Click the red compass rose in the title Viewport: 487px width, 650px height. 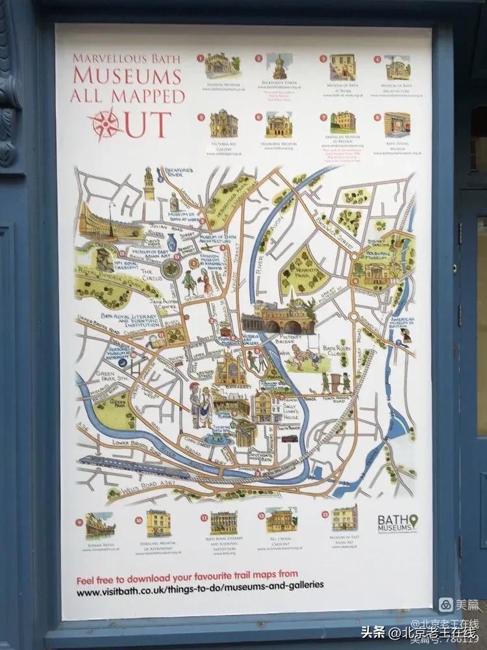[106, 123]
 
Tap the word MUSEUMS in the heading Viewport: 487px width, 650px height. [127, 77]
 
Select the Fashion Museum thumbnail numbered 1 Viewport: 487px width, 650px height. [223, 66]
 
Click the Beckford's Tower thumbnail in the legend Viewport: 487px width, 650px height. [279, 66]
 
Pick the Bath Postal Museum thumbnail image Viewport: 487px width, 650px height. [397, 123]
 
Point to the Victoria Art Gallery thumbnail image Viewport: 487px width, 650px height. [223, 123]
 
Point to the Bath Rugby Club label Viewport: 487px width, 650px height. [336, 351]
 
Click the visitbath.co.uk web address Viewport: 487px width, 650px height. [200, 584]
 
